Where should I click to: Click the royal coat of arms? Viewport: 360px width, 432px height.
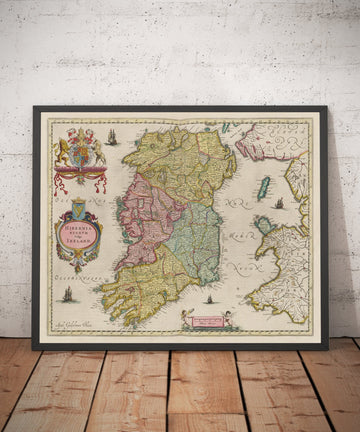[78, 149]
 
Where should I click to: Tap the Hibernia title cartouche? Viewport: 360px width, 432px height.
[78, 237]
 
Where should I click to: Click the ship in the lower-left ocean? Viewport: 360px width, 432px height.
[68, 294]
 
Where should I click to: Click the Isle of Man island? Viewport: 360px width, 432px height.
[264, 187]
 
